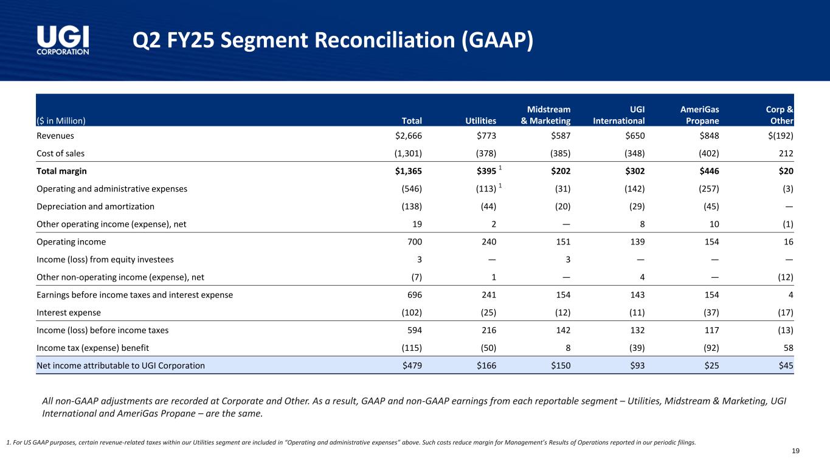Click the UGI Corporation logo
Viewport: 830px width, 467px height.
63,40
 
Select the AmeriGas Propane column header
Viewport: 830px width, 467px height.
699,115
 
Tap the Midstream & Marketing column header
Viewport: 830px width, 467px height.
545,115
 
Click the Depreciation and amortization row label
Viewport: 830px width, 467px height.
95,206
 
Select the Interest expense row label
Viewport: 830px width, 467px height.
69,313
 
